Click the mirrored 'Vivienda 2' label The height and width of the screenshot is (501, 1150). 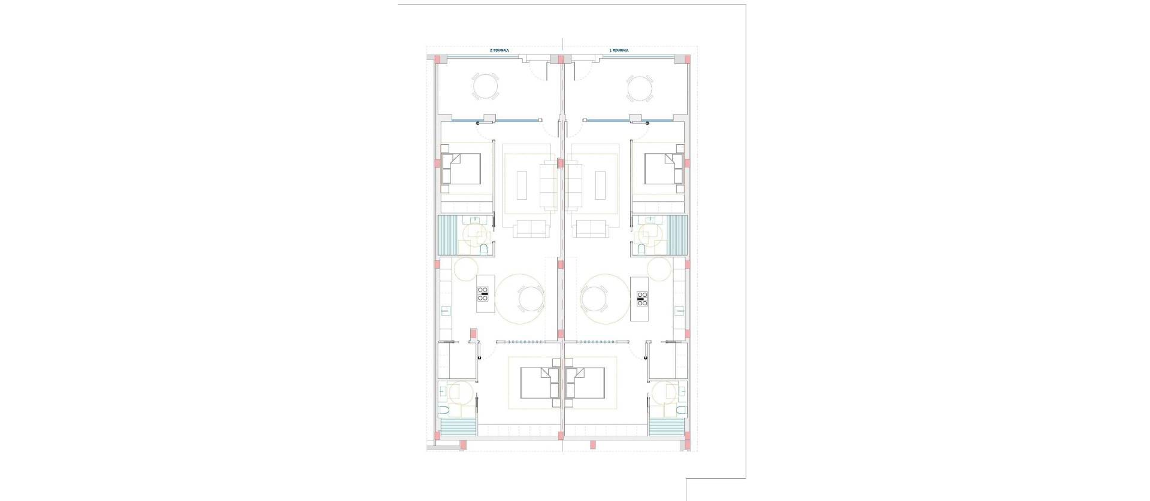(499, 51)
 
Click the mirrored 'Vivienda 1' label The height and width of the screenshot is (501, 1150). (619, 51)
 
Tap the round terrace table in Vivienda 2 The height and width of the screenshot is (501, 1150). (485, 87)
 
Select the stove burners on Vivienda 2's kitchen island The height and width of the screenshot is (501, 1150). (483, 293)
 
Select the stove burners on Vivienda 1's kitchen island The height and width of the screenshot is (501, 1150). (642, 297)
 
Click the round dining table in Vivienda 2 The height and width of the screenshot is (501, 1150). (530, 299)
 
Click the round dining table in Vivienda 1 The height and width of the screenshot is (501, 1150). (594, 299)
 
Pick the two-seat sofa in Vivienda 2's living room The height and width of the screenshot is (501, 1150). (529, 228)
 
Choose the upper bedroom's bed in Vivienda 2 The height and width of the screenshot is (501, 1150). (461, 169)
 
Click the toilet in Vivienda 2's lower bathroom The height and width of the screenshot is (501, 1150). (444, 411)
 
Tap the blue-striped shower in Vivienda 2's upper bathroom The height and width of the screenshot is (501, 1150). (448, 236)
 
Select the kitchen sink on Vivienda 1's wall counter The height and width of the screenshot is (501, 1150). (679, 310)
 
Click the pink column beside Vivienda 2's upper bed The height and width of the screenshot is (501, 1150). (437, 163)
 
